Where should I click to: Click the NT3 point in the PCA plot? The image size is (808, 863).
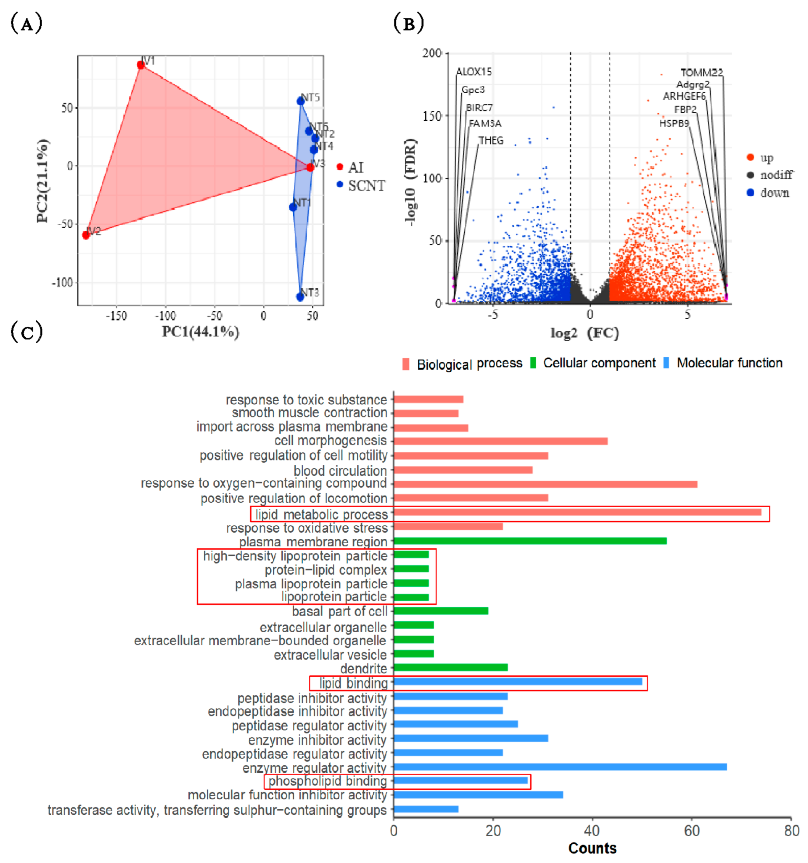(x=300, y=297)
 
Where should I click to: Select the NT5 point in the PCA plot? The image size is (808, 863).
(x=300, y=101)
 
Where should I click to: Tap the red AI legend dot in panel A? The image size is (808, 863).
(x=340, y=167)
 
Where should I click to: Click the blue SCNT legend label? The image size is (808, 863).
(x=366, y=186)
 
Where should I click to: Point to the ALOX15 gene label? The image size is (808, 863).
(x=474, y=72)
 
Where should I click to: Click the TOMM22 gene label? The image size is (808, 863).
(x=701, y=72)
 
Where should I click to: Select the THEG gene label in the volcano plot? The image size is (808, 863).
(x=491, y=141)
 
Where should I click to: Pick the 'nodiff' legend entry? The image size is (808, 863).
(x=776, y=175)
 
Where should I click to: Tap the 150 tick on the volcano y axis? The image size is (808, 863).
(x=432, y=116)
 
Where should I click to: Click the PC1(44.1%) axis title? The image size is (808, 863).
(x=201, y=332)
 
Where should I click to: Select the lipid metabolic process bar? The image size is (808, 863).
(x=577, y=512)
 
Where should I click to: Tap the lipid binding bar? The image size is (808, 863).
(x=518, y=682)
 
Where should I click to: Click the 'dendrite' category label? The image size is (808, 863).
(x=363, y=668)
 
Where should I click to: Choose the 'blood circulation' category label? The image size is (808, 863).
(x=340, y=471)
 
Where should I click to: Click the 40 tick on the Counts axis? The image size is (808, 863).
(x=592, y=831)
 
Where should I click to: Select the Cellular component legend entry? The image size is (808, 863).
(x=599, y=363)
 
